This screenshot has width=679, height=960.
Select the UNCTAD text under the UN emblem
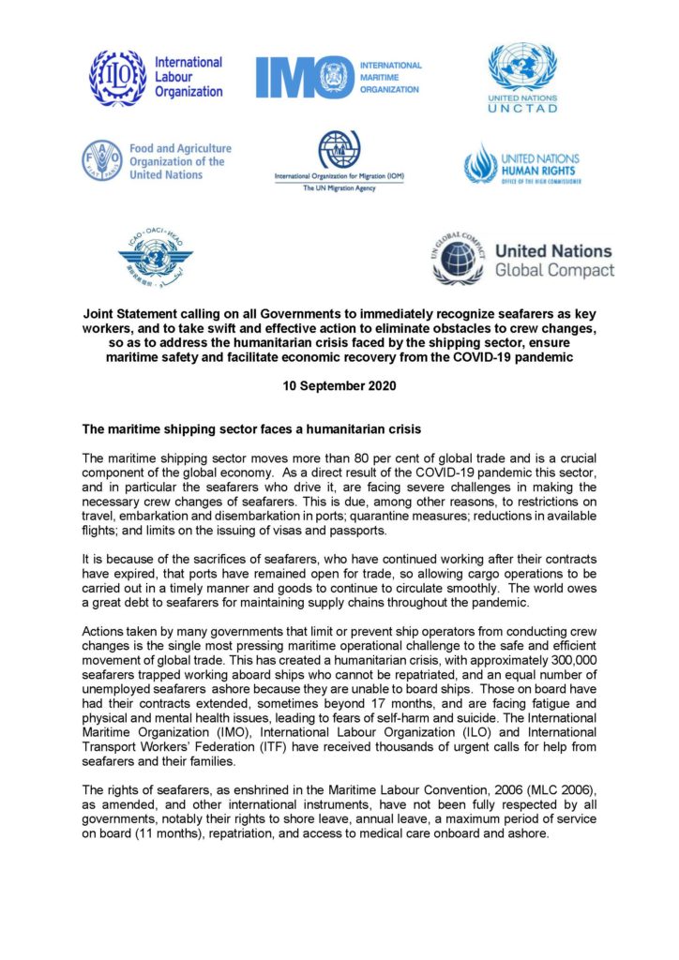[522, 108]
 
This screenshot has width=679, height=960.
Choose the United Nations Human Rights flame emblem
[480, 163]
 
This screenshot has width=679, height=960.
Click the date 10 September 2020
[339, 386]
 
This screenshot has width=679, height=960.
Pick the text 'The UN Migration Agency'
[339, 188]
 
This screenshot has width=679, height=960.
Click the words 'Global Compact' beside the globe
[553, 271]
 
